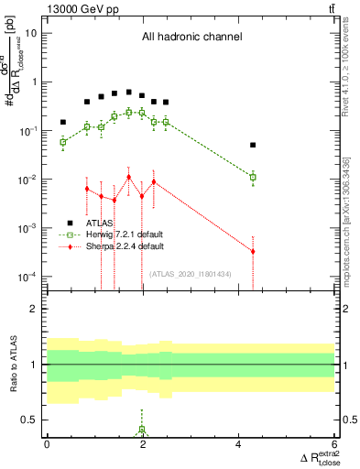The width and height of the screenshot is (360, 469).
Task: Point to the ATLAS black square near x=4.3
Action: [x=253, y=145]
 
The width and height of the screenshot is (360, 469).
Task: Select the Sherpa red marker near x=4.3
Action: [x=253, y=251]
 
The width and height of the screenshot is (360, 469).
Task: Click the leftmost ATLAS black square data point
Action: [x=63, y=122]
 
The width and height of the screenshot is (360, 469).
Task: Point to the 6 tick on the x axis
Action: [x=333, y=443]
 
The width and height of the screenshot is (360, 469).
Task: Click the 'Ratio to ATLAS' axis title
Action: [x=13, y=364]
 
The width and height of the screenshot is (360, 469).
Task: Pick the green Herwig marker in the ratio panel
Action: [x=142, y=430]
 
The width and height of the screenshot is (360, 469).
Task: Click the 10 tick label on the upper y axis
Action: [x=32, y=33]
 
